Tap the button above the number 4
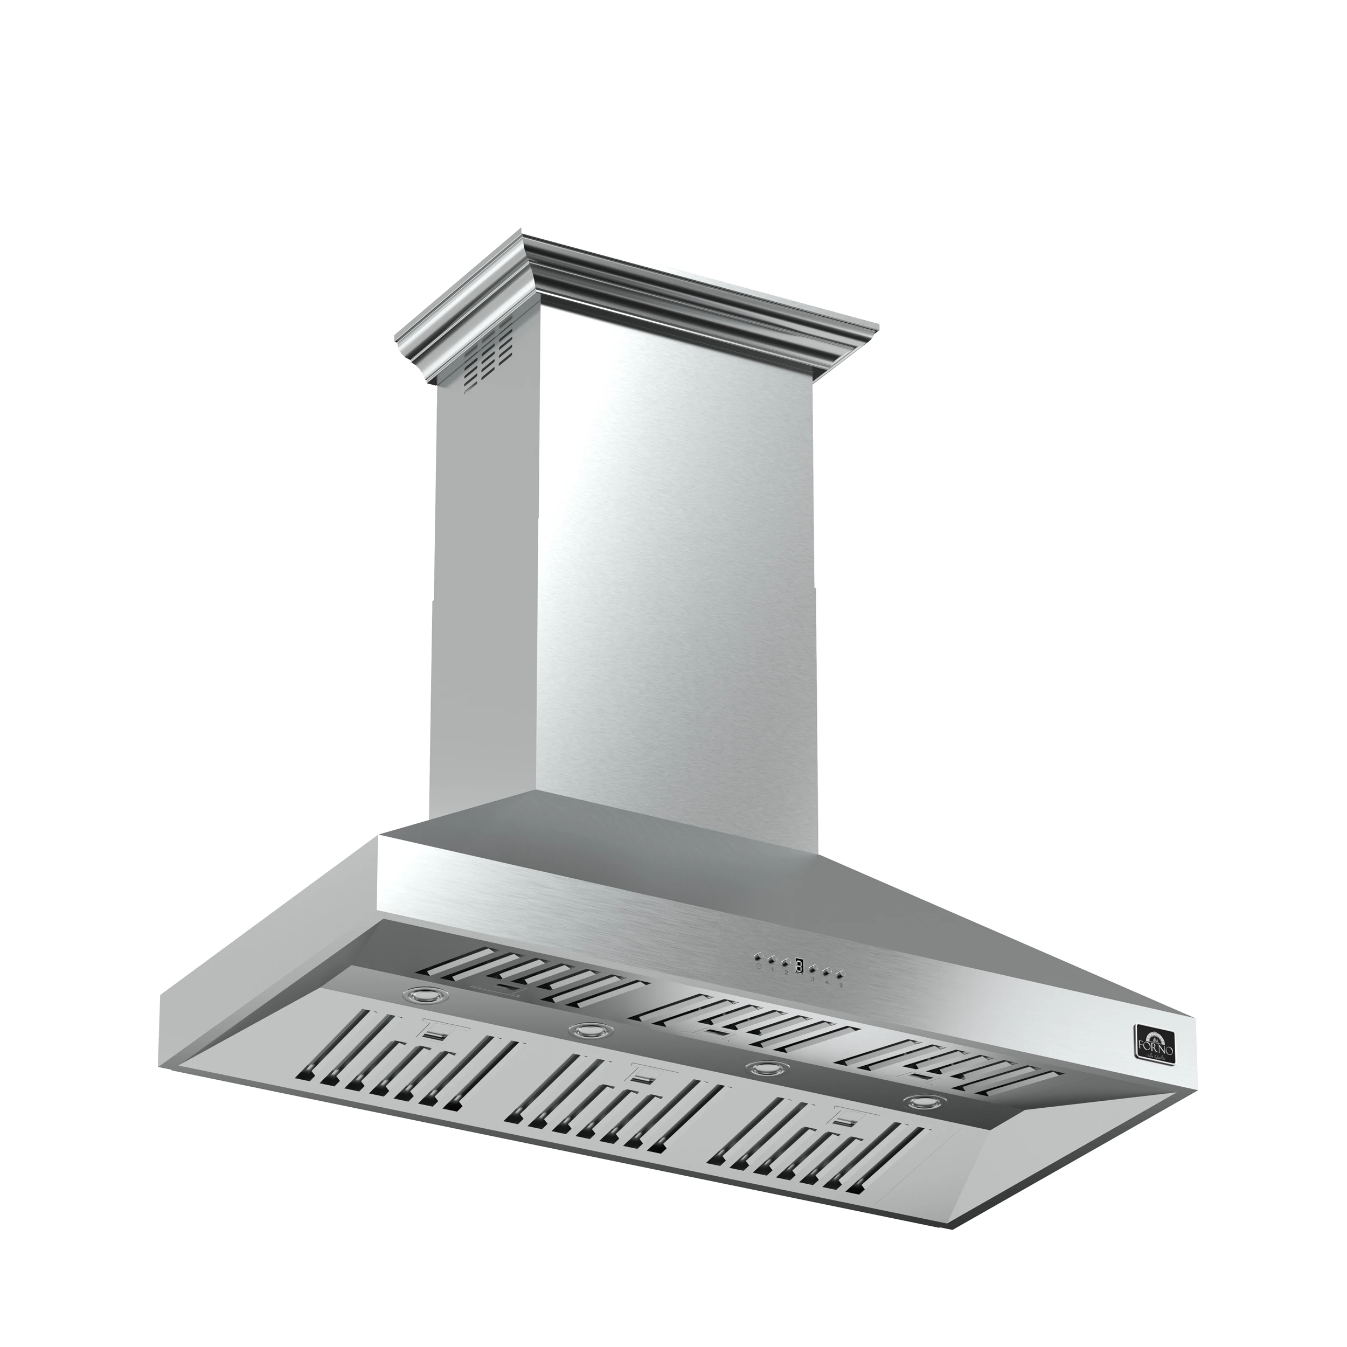coord(828,971)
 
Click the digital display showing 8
coord(800,966)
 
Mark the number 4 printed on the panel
coord(828,982)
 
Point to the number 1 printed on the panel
coord(773,970)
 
